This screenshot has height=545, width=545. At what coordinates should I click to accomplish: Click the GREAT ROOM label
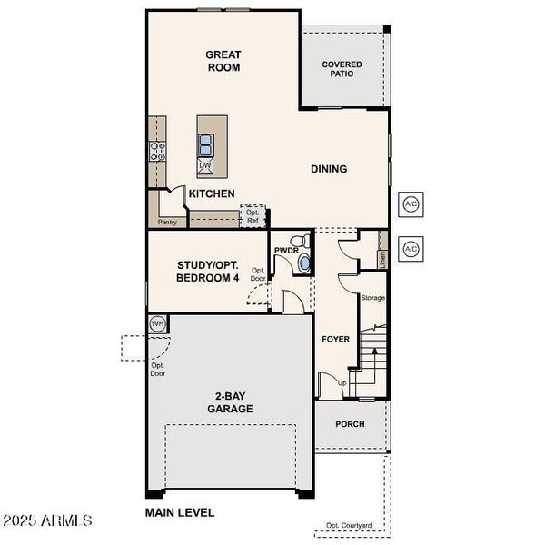click(223, 60)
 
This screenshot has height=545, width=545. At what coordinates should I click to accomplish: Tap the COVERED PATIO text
click(342, 70)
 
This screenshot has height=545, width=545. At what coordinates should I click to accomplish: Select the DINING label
click(329, 169)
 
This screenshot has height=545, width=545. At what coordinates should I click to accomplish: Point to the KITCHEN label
click(212, 193)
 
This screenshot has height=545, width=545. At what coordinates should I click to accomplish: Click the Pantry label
click(166, 222)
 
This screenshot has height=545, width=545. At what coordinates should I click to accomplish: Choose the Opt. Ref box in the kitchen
click(253, 216)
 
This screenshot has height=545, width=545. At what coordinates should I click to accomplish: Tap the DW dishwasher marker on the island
click(205, 165)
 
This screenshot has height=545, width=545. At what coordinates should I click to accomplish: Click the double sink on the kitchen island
click(206, 144)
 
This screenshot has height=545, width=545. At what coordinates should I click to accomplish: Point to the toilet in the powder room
click(303, 263)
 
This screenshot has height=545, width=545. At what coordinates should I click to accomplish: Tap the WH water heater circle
click(157, 323)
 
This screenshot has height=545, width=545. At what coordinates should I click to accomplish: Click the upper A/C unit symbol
click(410, 204)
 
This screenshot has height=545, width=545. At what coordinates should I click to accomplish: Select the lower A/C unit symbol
click(410, 248)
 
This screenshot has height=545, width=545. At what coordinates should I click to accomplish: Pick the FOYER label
click(335, 339)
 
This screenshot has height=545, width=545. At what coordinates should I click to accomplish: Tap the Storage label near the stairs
click(372, 297)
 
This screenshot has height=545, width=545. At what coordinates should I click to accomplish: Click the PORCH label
click(350, 424)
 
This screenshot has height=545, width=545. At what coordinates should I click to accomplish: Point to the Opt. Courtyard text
click(350, 526)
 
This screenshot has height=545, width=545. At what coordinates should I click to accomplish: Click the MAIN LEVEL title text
click(180, 512)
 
